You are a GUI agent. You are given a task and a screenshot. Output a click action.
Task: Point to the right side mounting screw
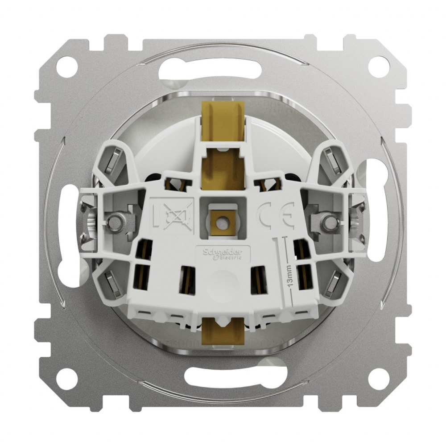330,221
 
